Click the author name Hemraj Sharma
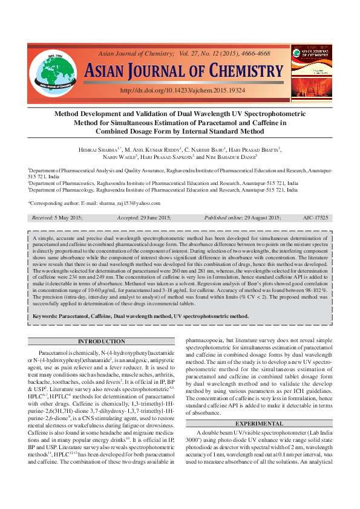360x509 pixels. click(x=98, y=149)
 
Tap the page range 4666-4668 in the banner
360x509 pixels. click(x=254, y=53)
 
